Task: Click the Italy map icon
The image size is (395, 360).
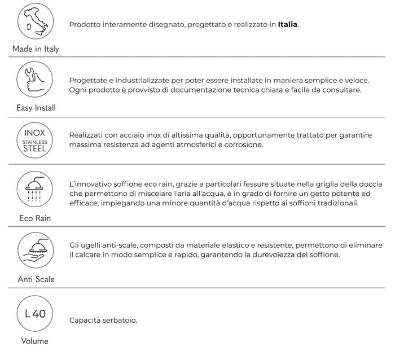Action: (35, 22)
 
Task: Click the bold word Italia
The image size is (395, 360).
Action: (288, 25)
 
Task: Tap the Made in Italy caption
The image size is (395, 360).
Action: (36, 49)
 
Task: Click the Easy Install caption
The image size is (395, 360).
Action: (35, 107)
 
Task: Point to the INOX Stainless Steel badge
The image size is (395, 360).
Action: (35, 140)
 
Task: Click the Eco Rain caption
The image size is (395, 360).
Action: (35, 218)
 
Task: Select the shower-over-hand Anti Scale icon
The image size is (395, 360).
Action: (35, 250)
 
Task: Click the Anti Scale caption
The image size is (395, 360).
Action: (35, 279)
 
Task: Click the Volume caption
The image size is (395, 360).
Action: (35, 341)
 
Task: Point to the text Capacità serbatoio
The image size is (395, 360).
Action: (103, 321)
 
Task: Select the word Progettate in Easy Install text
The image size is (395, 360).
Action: (91, 81)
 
